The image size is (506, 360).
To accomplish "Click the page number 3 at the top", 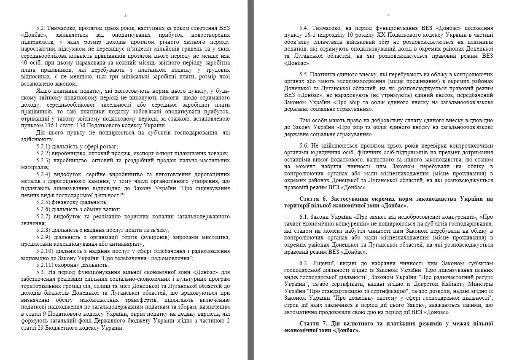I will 125,16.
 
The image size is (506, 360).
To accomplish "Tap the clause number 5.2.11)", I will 45,265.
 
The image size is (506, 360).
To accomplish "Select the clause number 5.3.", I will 41,272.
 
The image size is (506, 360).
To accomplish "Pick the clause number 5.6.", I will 304,146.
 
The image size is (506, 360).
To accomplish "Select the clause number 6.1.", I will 304,217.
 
